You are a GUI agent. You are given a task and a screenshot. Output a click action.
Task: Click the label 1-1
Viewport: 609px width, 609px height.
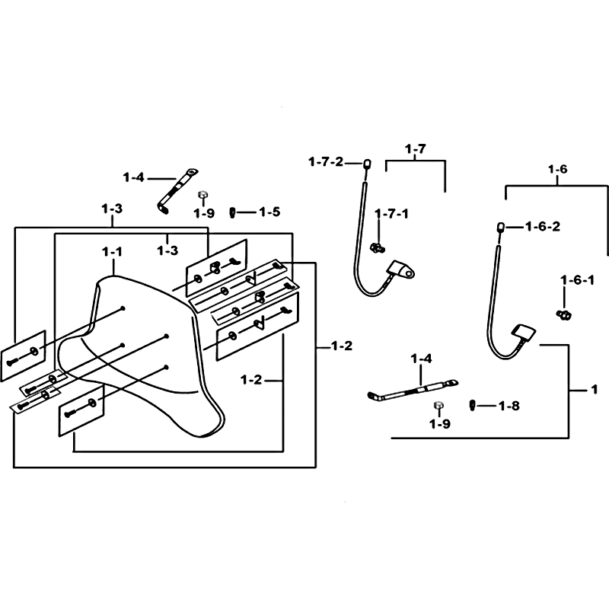coord(112,252)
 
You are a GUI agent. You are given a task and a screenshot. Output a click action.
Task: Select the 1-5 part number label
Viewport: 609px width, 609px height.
coord(269,212)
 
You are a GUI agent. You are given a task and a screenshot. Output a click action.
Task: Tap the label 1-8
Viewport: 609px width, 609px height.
coord(509,407)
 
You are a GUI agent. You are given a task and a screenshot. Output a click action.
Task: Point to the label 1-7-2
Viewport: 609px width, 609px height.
coord(327,161)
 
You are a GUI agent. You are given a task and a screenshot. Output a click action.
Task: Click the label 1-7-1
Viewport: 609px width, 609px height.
coord(391,214)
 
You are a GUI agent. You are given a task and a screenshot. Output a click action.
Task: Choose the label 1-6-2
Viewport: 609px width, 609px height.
coord(543,226)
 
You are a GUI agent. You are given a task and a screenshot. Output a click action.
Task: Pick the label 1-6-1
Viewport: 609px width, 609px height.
coord(578,280)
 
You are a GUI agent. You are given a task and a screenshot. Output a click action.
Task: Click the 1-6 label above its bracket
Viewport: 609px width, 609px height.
coord(558,169)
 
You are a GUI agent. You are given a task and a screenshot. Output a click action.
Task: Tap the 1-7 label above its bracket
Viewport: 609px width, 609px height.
coord(415,148)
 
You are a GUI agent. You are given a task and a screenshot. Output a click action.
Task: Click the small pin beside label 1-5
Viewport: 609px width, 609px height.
coord(232,213)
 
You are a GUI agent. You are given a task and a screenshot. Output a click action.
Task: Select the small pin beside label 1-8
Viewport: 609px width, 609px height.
coord(472,405)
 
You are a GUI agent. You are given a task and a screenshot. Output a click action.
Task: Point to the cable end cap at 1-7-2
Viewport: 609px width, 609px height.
coord(365,164)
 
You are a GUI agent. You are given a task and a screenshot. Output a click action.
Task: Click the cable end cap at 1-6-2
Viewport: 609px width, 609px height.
coord(501,227)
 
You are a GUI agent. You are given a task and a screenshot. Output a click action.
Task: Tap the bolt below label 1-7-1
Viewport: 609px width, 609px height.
coord(377,247)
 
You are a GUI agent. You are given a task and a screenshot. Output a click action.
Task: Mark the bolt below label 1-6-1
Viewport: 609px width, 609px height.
coord(564,314)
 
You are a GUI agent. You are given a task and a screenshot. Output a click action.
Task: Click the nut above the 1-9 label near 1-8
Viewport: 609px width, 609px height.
coord(439,406)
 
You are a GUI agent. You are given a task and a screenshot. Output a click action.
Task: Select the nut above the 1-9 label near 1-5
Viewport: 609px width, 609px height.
coord(202,194)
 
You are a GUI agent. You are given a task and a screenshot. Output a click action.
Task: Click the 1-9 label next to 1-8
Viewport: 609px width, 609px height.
coord(440,424)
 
